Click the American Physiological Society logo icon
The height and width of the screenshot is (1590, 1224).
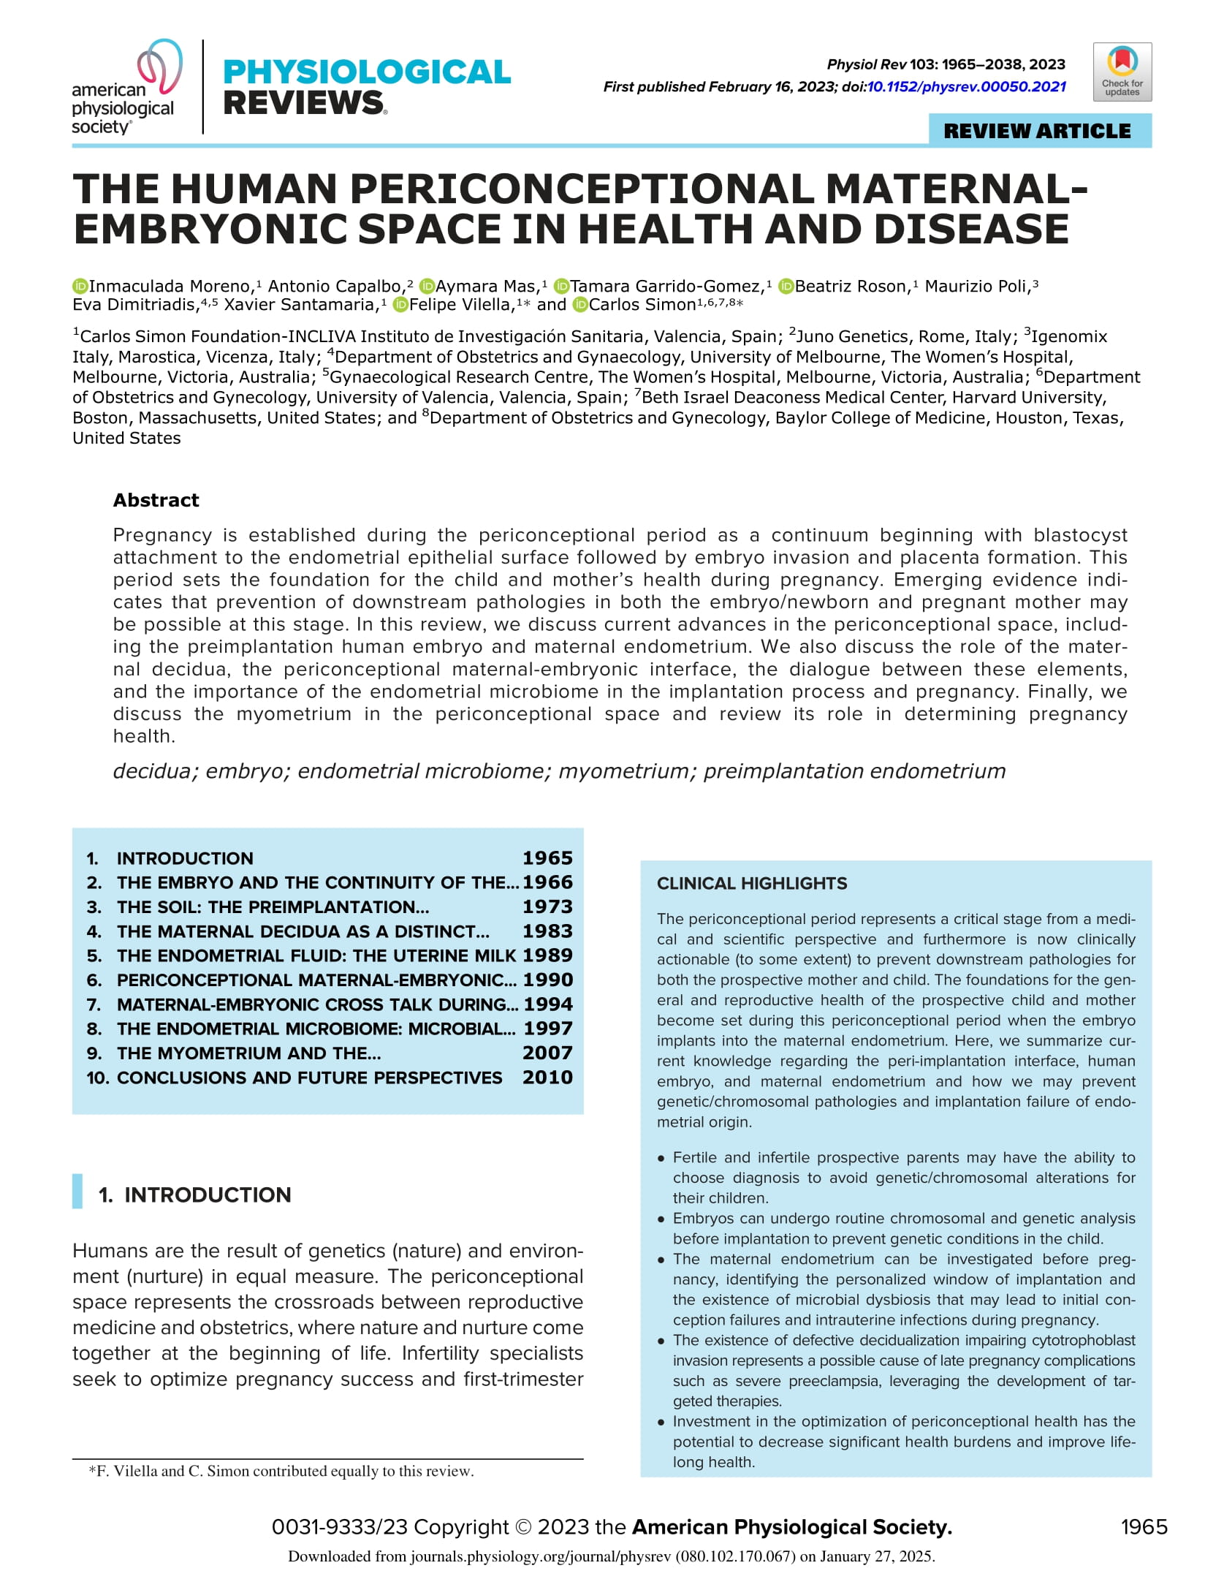[x=160, y=68]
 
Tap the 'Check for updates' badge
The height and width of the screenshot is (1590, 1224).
[x=1122, y=72]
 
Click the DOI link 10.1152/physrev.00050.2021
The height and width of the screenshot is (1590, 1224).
[x=966, y=87]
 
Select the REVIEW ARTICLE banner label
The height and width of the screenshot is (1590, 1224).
[x=1037, y=131]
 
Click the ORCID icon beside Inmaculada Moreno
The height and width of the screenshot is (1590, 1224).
[x=80, y=287]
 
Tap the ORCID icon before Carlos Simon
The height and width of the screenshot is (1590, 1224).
[x=580, y=305]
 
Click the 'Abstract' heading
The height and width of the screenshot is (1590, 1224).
[x=156, y=500]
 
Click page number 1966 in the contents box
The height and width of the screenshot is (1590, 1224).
[x=547, y=882]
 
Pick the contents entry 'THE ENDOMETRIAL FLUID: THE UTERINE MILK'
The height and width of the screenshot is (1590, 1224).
[x=316, y=955]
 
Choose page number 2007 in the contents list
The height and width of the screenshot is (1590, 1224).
[x=547, y=1053]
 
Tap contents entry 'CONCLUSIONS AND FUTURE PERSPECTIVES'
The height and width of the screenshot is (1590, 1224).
[x=309, y=1078]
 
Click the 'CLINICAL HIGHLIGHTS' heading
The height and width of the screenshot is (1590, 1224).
[x=752, y=883]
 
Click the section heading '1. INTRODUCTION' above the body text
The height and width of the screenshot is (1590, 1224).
[x=194, y=1195]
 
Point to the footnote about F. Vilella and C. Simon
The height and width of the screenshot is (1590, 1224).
[x=281, y=1471]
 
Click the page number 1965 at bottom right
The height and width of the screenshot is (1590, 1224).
[x=1144, y=1527]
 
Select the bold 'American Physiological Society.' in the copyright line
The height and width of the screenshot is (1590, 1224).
[x=791, y=1527]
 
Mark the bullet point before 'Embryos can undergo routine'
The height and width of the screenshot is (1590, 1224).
[x=661, y=1219]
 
